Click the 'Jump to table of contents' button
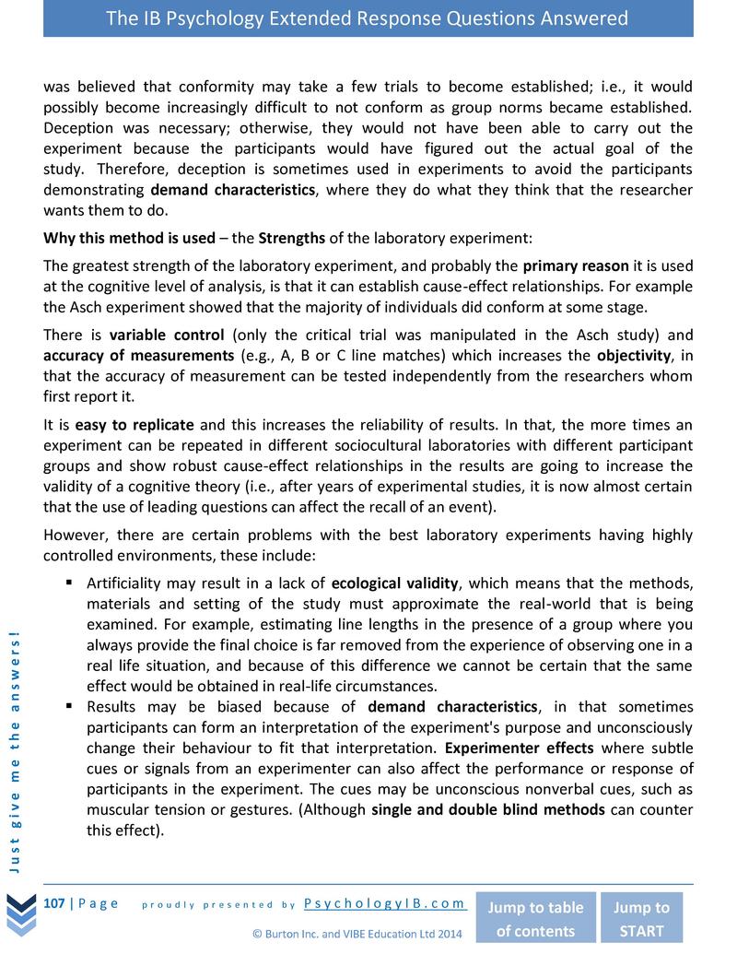[534, 918]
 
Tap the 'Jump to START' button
[641, 918]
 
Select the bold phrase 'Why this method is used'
[129, 238]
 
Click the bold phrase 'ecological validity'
[394, 583]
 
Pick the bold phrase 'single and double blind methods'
[487, 809]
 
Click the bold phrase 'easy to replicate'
[135, 425]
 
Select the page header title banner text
[368, 18]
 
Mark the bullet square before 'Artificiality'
[70, 583]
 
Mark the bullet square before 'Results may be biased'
[70, 707]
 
